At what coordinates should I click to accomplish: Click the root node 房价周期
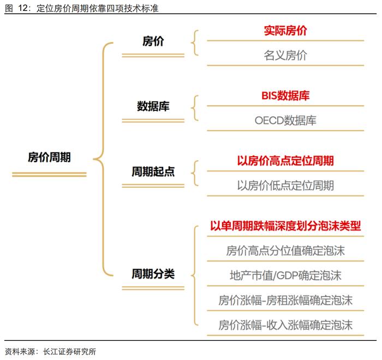(x=49, y=157)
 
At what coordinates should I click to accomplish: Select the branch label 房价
(x=153, y=41)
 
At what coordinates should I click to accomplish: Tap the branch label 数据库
(x=153, y=107)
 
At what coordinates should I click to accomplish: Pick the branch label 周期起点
(x=153, y=172)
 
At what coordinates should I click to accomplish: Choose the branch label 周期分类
(x=153, y=274)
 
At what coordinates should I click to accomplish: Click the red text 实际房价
(x=285, y=31)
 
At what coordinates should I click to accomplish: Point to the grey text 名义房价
(x=285, y=55)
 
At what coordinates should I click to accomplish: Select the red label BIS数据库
(x=285, y=96)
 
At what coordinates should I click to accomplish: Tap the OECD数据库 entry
(x=285, y=121)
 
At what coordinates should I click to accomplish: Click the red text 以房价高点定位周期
(x=285, y=161)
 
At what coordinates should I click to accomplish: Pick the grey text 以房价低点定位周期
(x=285, y=186)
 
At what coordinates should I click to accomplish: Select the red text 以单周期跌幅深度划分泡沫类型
(x=285, y=226)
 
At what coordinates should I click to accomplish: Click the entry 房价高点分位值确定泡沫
(x=285, y=251)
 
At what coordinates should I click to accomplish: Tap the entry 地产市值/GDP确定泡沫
(x=285, y=276)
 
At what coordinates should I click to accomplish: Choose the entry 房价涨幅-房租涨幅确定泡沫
(x=285, y=300)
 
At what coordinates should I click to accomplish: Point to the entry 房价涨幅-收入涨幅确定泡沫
(x=285, y=325)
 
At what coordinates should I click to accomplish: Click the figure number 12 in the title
(x=23, y=8)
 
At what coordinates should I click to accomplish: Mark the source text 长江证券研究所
(x=69, y=351)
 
